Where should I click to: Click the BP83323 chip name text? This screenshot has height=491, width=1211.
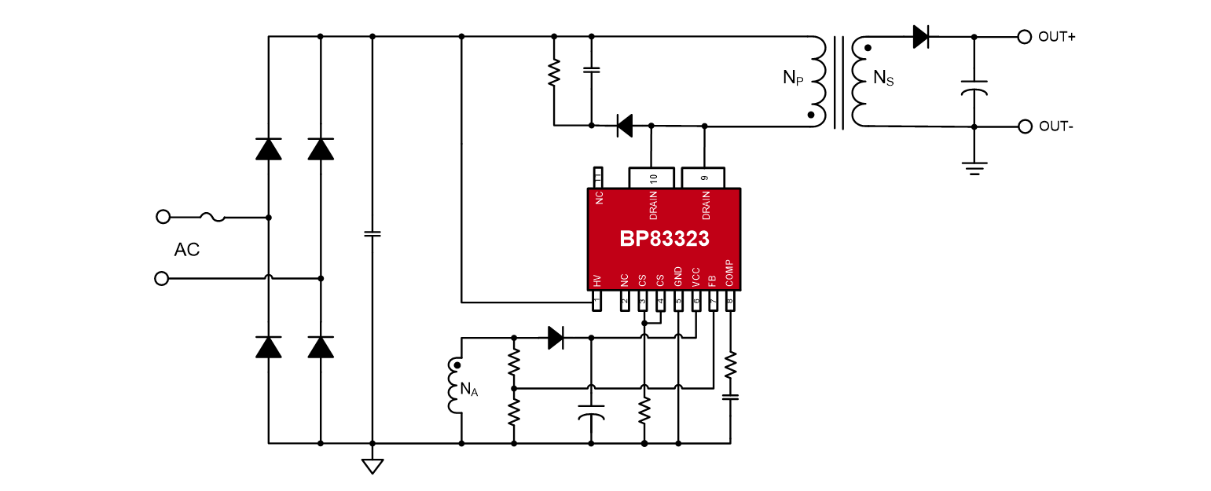point(664,240)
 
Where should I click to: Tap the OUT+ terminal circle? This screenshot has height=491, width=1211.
point(1024,37)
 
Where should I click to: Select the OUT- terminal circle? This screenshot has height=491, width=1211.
point(1024,126)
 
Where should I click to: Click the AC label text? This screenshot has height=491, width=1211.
point(187,250)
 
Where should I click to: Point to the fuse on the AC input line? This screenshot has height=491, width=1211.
point(212,216)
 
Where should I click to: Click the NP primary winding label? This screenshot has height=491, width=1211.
point(793,78)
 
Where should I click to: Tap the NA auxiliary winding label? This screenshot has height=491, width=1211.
point(468,388)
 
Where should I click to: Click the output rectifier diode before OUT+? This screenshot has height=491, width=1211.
point(921,37)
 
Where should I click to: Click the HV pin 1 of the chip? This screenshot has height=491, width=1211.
point(596,301)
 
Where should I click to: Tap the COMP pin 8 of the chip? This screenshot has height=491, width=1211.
point(730,301)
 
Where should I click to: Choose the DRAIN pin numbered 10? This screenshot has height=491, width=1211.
point(651,178)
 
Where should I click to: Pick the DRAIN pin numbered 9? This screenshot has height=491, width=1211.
point(704,178)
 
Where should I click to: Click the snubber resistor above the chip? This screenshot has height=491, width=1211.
point(554,73)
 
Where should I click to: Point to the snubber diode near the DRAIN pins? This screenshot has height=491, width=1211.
point(625,126)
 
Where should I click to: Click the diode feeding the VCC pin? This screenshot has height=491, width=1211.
point(556,338)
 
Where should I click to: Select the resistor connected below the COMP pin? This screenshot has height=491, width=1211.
point(730,364)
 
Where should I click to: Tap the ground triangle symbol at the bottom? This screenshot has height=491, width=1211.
point(372,465)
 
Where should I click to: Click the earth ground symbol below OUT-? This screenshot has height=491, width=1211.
point(974,167)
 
